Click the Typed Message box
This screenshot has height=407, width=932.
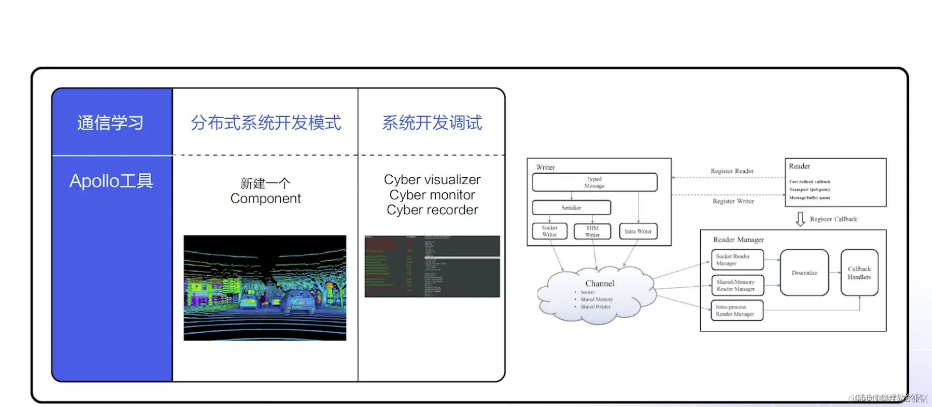click(x=594, y=182)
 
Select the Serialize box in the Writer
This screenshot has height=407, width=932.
click(x=571, y=208)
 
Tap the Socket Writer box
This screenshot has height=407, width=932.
click(x=549, y=231)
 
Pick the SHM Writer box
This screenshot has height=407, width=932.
click(x=592, y=231)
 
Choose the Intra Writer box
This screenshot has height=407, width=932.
click(x=638, y=231)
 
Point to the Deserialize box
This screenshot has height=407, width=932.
click(x=804, y=273)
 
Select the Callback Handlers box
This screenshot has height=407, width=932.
click(x=859, y=273)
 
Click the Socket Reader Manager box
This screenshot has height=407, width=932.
click(x=737, y=260)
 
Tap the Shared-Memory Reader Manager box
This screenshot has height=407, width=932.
click(x=737, y=285)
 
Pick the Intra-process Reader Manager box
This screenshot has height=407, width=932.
click(x=737, y=311)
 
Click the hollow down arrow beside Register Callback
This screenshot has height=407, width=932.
click(x=800, y=219)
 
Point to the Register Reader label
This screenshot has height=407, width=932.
click(x=732, y=171)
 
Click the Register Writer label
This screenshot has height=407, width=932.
click(x=733, y=201)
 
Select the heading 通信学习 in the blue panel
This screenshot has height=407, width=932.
click(x=111, y=123)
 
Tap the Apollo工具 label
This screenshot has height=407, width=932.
click(x=111, y=181)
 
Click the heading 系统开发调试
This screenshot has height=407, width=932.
click(x=432, y=123)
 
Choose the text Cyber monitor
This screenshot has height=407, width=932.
click(x=432, y=195)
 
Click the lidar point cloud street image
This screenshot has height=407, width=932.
click(x=265, y=288)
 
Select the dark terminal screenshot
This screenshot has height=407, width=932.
click(x=432, y=266)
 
